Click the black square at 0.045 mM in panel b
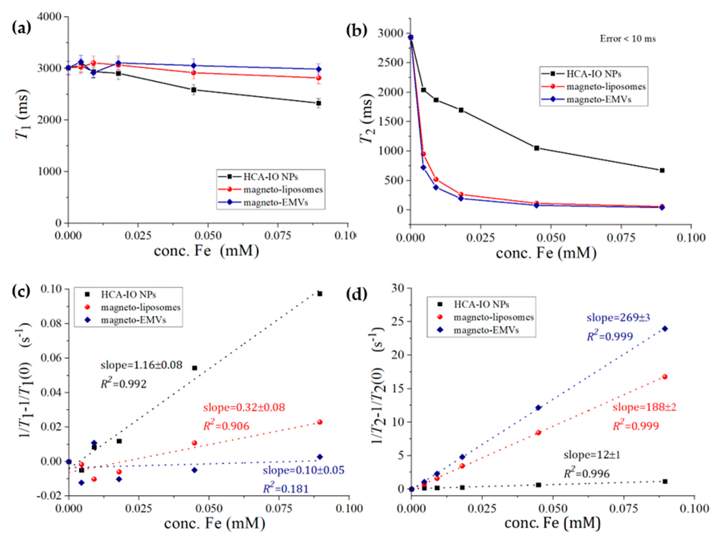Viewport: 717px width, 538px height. click(537, 148)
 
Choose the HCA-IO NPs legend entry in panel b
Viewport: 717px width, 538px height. click(593, 74)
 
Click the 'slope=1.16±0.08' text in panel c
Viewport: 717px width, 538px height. click(141, 365)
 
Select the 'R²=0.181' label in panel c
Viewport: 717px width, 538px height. click(285, 488)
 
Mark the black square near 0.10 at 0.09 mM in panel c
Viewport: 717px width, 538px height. click(320, 294)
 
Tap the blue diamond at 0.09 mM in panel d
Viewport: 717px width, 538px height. click(665, 329)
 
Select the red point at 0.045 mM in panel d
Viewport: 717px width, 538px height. click(538, 432)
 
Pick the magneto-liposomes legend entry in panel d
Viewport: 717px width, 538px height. click(493, 317)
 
